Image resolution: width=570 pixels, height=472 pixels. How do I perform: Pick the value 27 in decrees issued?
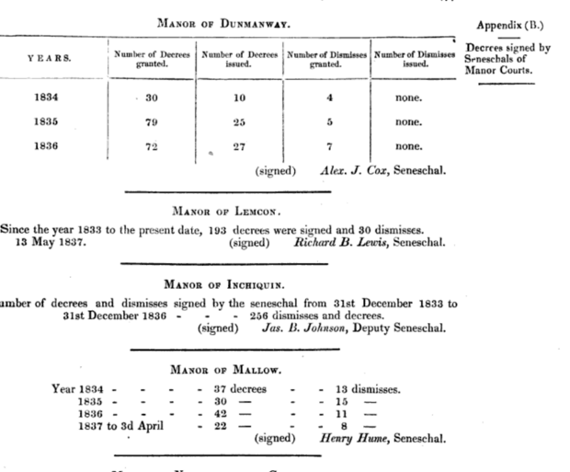(238, 146)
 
